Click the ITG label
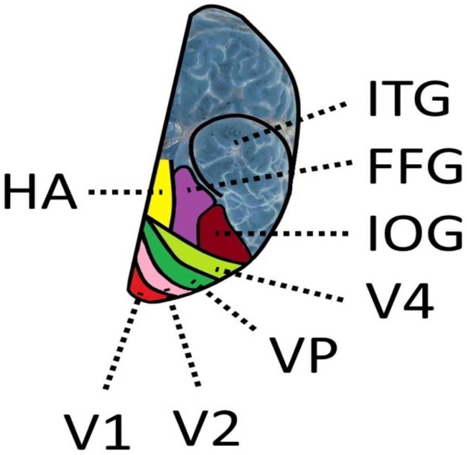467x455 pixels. (x=408, y=100)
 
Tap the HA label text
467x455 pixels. (x=39, y=191)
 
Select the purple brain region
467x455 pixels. (x=190, y=203)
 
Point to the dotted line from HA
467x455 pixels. (x=120, y=192)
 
